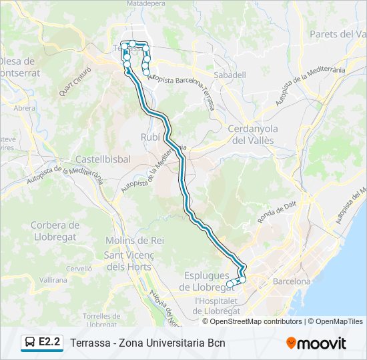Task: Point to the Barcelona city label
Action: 292,281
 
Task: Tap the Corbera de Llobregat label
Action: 55,231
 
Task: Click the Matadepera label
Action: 145,3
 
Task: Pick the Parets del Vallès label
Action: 338,34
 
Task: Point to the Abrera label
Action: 24,107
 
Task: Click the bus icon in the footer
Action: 30,343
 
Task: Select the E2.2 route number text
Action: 50,343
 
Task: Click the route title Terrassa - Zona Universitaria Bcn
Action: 147,343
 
